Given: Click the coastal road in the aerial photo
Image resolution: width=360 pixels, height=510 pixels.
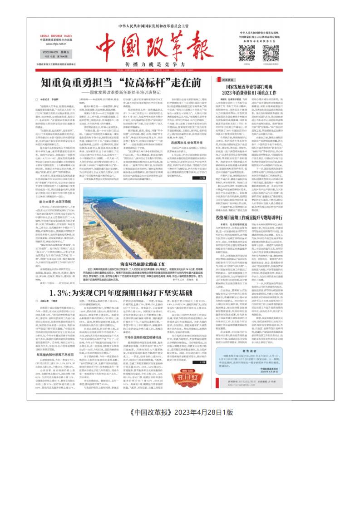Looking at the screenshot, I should (136, 213).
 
